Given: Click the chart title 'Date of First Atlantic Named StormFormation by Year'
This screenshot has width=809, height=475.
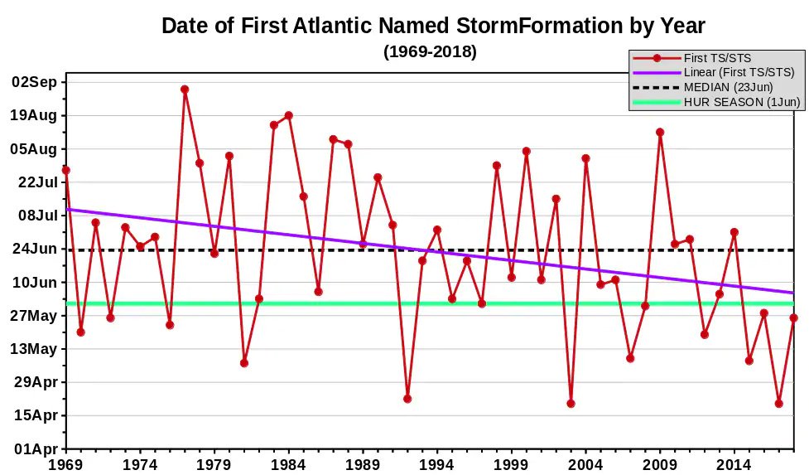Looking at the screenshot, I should point(433,26).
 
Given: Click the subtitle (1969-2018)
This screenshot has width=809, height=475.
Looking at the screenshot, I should point(430,51).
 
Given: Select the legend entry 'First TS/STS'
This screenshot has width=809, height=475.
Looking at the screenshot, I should point(717,58).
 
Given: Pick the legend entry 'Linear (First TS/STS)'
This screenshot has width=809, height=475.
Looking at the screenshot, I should point(739,73).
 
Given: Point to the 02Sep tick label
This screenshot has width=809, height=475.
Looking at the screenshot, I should point(35,81).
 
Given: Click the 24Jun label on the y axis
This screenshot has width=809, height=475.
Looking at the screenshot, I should point(35,249).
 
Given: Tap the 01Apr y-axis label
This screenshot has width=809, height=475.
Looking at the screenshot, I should point(35,449).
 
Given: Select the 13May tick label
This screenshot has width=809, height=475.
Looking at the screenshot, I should point(35,349).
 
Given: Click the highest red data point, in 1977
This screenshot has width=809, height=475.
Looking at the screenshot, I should point(185,90).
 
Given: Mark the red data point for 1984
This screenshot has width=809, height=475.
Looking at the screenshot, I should point(289,116).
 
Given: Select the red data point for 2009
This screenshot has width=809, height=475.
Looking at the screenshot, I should point(660,132).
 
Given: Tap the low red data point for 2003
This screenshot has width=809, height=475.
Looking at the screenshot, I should point(571,404).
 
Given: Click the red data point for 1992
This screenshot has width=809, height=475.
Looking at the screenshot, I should point(407,399).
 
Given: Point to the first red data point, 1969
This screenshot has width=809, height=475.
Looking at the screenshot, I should point(66,170).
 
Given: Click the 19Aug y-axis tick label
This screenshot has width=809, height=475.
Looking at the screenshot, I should point(35,115).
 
